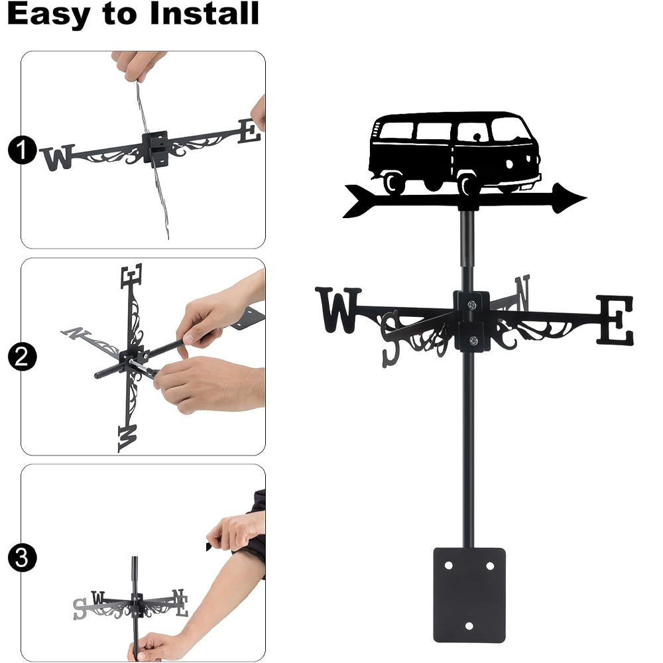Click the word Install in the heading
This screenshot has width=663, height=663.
(x=204, y=13)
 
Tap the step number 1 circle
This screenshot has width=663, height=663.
(x=22, y=150)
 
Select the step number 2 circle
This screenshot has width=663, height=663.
(x=22, y=357)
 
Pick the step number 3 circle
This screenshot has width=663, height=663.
(x=22, y=558)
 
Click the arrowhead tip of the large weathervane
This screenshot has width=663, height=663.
(x=587, y=197)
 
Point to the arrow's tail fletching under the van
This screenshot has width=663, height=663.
(x=359, y=201)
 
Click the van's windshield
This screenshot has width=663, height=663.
(x=510, y=129)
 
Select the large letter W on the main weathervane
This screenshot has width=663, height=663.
(x=339, y=310)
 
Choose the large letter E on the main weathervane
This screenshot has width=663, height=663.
(x=615, y=320)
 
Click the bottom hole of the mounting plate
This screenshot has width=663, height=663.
(x=469, y=626)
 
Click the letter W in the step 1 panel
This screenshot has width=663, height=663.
(x=58, y=157)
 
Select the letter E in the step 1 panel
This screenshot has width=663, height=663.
(x=249, y=131)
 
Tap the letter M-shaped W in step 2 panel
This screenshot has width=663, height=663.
(x=127, y=438)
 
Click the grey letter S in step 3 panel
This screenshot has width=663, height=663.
(x=80, y=609)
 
